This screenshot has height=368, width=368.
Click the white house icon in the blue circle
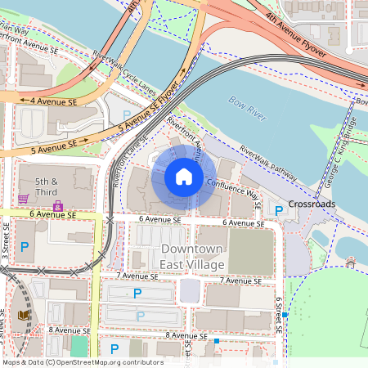[x=184, y=177]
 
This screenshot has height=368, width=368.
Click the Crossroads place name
[x=312, y=204]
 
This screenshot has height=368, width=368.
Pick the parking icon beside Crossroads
[x=279, y=211]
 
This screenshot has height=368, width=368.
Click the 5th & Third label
[x=47, y=186]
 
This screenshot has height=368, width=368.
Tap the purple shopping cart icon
[x=24, y=199]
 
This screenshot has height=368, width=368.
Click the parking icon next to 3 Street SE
[x=24, y=246]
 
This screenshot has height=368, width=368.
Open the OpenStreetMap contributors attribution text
[x=82, y=362]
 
